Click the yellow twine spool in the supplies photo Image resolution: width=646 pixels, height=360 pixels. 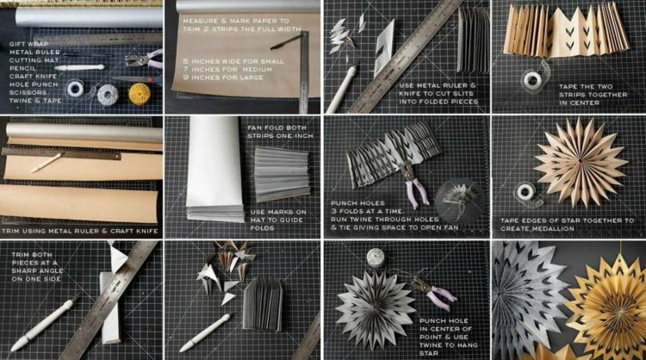[139, 94]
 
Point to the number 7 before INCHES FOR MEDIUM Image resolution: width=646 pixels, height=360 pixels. [185, 70]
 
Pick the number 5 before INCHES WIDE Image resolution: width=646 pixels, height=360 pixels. [185, 61]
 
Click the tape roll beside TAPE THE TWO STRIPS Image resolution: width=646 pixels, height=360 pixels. [532, 79]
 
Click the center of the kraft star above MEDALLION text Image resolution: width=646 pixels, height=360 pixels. [581, 160]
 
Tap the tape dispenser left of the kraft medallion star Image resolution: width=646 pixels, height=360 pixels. [527, 193]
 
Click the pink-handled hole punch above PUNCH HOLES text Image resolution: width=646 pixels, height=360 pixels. [415, 183]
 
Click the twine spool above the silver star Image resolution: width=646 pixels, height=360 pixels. [376, 258]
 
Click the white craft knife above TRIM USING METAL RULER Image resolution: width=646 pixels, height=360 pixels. [47, 163]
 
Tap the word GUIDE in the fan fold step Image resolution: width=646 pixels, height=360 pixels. [291, 220]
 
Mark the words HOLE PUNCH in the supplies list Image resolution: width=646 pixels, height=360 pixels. [34, 84]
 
